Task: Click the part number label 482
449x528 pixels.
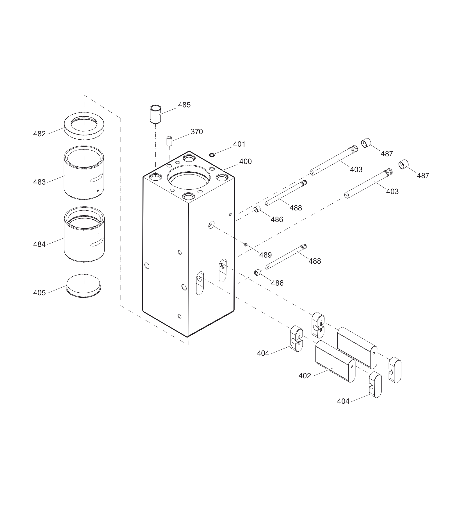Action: coord(39,134)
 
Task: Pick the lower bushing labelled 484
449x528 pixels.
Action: coord(84,234)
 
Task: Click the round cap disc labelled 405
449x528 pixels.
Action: coord(84,286)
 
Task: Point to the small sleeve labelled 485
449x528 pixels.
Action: coord(155,114)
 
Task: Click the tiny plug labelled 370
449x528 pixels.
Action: coord(169,141)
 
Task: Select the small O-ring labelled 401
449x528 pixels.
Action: coord(212,155)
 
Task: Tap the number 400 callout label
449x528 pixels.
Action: coord(245,162)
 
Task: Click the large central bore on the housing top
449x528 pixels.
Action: coord(189,177)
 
